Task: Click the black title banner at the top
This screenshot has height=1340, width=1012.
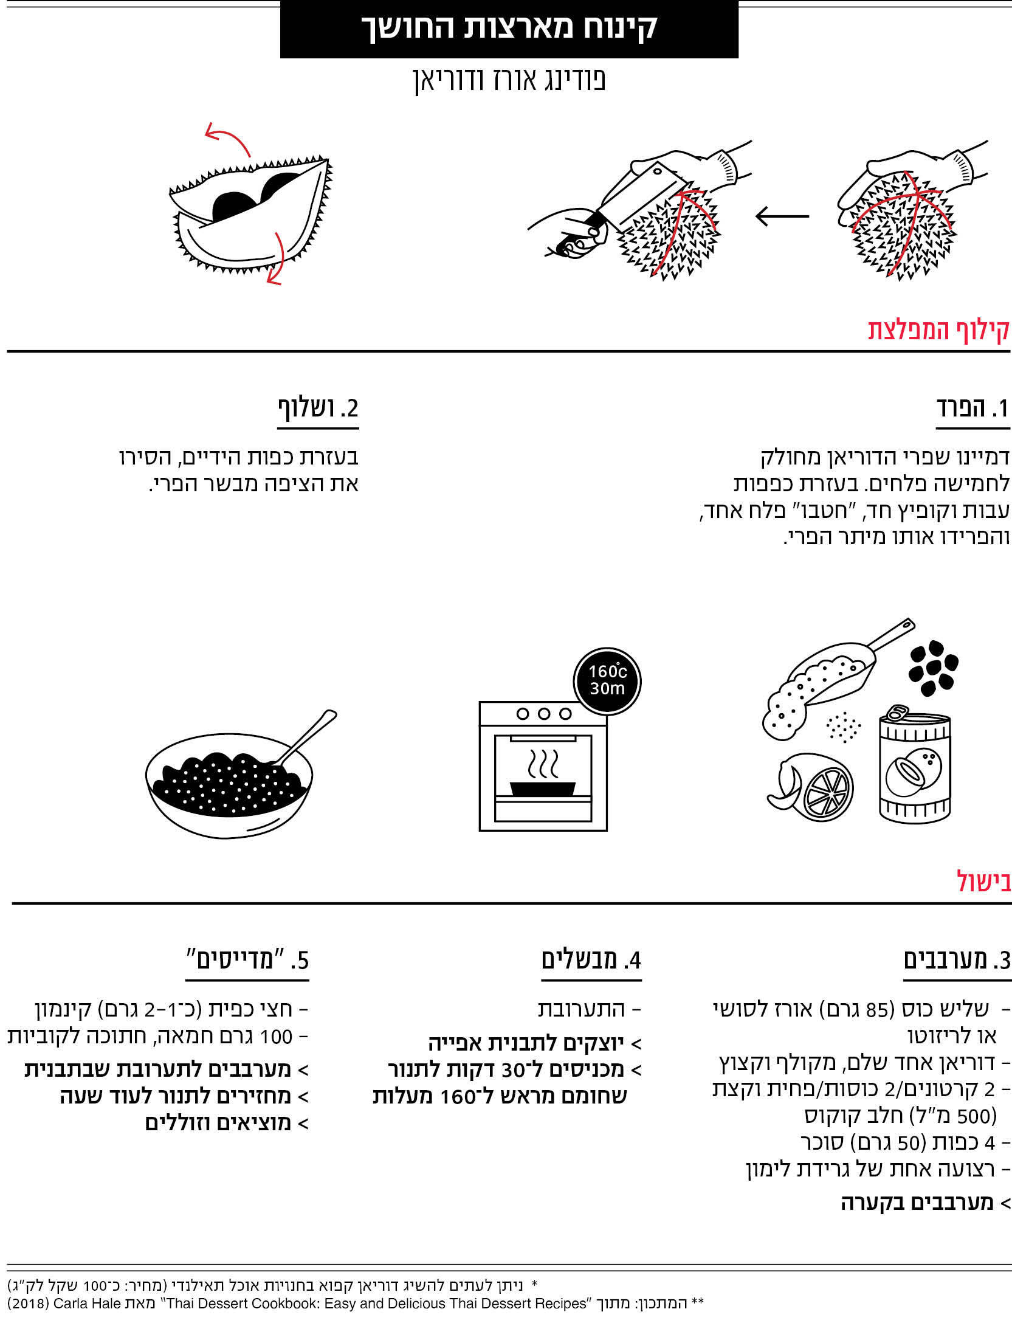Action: [x=509, y=29]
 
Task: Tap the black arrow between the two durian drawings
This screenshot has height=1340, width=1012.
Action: [x=782, y=216]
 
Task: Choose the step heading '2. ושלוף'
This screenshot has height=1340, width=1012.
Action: [x=318, y=409]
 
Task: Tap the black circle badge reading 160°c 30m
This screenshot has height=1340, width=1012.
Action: [x=607, y=680]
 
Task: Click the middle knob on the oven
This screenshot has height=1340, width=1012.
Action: [x=544, y=714]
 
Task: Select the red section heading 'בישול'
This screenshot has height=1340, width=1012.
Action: [x=984, y=882]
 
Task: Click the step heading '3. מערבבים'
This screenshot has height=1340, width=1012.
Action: [x=957, y=961]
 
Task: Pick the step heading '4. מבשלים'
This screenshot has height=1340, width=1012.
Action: [x=591, y=961]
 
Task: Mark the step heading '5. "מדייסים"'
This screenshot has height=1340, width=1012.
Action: [x=247, y=961]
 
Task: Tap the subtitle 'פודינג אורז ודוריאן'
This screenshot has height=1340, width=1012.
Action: [x=509, y=81]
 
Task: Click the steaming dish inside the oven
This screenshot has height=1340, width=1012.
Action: [x=543, y=788]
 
